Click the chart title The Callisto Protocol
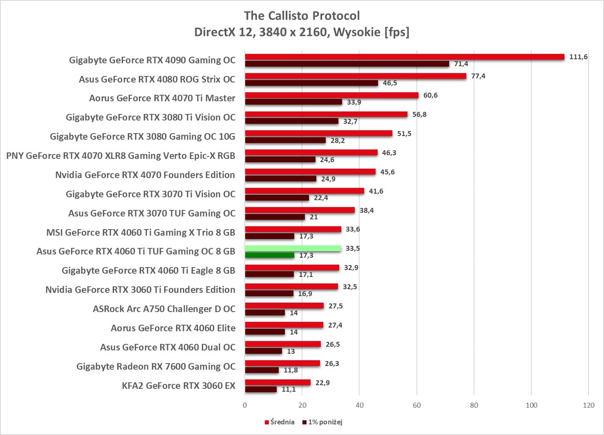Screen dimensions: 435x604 click(302, 16)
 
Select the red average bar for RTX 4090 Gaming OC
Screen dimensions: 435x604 click(405, 57)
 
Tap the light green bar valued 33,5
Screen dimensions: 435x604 click(293, 248)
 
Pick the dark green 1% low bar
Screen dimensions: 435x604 click(270, 255)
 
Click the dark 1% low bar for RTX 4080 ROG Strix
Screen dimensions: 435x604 click(311, 83)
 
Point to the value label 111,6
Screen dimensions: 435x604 click(578, 57)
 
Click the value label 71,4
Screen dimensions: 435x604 click(461, 64)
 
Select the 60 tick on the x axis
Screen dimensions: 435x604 click(417, 405)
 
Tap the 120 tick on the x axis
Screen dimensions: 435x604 click(588, 405)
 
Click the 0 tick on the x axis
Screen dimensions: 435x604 click(245, 405)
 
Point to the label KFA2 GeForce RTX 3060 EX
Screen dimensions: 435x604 click(179, 386)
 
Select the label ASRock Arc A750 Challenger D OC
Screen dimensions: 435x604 click(164, 309)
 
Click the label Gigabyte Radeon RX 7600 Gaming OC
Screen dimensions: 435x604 click(156, 366)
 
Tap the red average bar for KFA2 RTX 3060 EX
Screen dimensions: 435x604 click(278, 382)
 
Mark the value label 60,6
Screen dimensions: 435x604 click(430, 95)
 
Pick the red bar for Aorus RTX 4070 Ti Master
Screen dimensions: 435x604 click(332, 95)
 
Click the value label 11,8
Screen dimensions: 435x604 click(291, 370)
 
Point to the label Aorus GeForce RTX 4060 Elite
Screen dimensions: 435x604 click(173, 328)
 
